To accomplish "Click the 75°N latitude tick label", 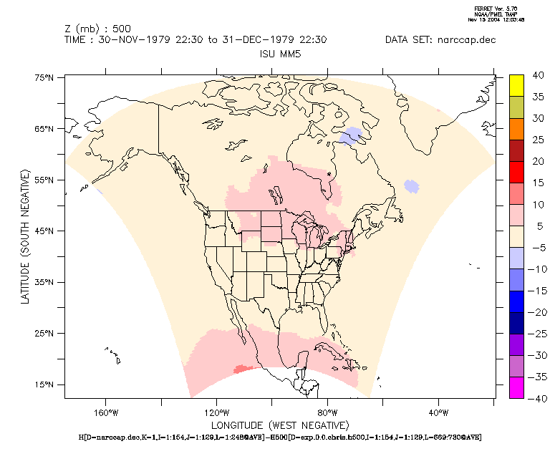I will click(x=45, y=78).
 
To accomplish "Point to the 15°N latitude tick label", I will click(x=45, y=384).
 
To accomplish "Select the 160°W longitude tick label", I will click(x=105, y=412).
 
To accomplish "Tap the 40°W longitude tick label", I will click(x=438, y=412).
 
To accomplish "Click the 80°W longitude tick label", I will click(x=327, y=412).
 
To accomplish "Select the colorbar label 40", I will click(x=539, y=75).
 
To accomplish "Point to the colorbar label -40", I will click(x=537, y=398).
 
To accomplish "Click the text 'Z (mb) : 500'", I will click(x=97, y=29).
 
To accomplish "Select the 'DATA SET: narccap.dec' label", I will click(x=440, y=40).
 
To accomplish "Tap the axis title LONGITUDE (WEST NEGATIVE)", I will click(x=279, y=425).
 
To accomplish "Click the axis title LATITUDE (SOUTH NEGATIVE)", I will click(x=25, y=237).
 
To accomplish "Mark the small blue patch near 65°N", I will click(x=352, y=135).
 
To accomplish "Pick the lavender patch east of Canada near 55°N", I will click(x=411, y=185).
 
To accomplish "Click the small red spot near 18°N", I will click(x=242, y=369).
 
